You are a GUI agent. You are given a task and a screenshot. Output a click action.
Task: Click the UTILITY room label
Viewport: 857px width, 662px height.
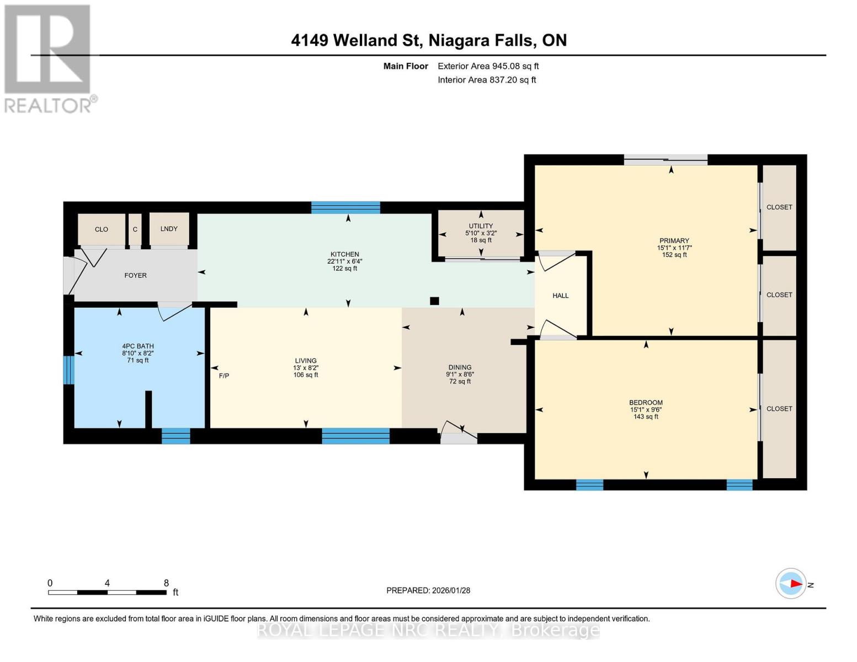click(481, 226)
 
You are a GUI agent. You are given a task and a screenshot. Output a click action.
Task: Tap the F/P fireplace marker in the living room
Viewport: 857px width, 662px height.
click(224, 376)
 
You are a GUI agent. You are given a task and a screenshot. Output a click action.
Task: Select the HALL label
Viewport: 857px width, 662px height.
click(561, 296)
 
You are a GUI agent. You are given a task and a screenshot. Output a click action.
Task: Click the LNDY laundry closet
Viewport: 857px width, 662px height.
click(169, 229)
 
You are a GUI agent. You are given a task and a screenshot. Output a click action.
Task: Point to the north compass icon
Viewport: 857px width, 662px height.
click(791, 584)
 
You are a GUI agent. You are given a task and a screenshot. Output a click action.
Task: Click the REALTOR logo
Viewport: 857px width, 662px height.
click(49, 58)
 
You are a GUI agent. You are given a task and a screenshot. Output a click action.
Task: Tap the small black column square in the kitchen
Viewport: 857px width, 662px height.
click(434, 301)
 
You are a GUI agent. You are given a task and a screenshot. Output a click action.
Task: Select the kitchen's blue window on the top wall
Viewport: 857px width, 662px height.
click(345, 208)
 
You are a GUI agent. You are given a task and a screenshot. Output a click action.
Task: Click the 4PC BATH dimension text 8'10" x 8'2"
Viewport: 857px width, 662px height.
click(138, 353)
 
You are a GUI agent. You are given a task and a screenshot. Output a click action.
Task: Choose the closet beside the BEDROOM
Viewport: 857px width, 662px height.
click(779, 409)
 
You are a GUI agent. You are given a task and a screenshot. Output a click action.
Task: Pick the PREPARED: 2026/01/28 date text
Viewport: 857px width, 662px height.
click(428, 590)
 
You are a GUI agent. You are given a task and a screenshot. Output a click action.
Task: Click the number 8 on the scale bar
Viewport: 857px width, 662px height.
click(166, 583)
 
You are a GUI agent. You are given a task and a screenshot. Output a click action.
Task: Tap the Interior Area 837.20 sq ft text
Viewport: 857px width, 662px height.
click(487, 80)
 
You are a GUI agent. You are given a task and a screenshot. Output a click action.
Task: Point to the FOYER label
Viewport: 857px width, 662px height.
click(135, 275)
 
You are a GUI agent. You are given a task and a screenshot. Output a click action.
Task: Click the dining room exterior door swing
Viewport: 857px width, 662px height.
click(459, 433)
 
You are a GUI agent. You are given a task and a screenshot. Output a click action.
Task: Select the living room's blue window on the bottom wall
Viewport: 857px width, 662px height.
click(355, 436)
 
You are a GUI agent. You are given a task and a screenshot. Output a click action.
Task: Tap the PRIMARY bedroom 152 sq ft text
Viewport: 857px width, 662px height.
click(674, 255)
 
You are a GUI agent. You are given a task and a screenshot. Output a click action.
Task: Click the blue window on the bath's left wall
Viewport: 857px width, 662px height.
click(68, 370)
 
